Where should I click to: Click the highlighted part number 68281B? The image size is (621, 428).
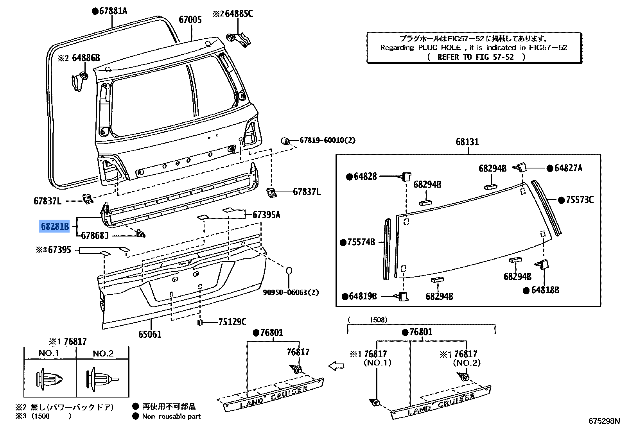coord(55,226)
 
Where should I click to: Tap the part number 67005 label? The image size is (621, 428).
coord(190,20)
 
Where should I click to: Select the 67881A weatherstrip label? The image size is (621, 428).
coord(113,11)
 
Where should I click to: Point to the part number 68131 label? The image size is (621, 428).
coord(467,142)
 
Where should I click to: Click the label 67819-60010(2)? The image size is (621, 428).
coord(327,140)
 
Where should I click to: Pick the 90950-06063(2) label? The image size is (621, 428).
coord(291,292)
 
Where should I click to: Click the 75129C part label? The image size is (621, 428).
coord(232,322)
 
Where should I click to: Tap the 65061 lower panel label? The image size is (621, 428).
coord(150,334)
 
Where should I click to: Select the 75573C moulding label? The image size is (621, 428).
coord(580,200)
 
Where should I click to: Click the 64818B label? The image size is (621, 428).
coord(545,290)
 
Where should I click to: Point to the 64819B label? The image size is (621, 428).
coord(363,296)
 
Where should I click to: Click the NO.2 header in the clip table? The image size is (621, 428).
coord(103,353)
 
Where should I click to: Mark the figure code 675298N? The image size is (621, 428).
coord(604,421)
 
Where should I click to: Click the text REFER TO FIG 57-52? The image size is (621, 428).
coord(475,57)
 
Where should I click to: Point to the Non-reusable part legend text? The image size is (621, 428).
coord(171,416)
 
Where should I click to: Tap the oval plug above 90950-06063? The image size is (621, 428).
coord(289,270)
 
